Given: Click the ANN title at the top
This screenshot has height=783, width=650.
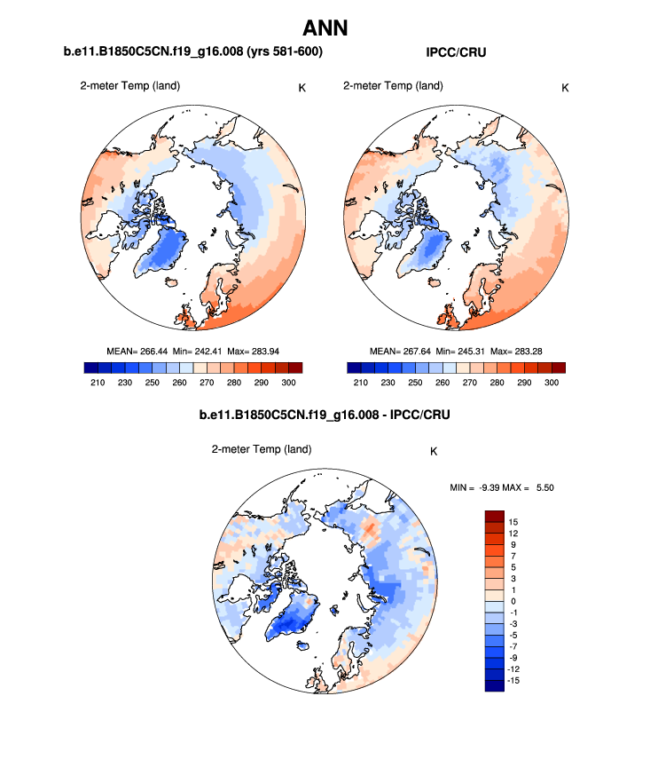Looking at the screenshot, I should click(325, 28).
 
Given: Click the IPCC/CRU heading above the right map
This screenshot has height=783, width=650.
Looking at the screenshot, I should click(456, 53).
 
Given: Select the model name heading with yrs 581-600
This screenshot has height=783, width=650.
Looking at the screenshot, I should click(192, 53).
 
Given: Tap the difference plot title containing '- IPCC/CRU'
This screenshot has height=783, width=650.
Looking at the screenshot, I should click(325, 415).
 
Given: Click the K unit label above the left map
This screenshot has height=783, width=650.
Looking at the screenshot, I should click(302, 87).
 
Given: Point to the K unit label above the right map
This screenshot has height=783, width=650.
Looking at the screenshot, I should click(565, 87).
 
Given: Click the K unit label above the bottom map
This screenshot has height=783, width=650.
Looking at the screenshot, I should click(434, 451).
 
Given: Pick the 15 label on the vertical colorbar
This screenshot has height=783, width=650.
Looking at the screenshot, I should click(513, 521).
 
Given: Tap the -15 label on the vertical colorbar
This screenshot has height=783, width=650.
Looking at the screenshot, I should click(514, 681).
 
